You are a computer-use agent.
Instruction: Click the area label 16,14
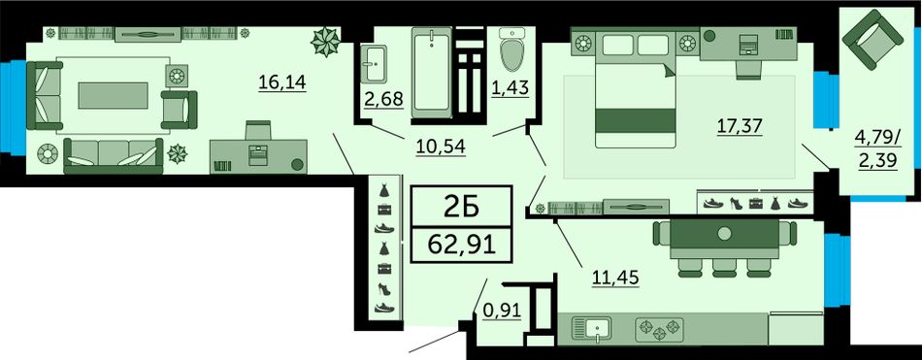point(282,82)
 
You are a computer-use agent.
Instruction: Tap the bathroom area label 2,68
point(384,99)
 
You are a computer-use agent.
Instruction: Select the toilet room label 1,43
point(510,87)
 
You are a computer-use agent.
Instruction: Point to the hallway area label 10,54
point(441,146)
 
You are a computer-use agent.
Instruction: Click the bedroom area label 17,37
point(740,126)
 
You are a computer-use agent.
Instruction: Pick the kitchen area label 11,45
point(615,275)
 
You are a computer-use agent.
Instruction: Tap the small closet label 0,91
point(503,310)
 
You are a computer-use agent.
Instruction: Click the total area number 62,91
point(462,244)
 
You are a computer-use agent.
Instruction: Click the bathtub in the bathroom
point(432,71)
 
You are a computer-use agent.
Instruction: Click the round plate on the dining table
point(724,234)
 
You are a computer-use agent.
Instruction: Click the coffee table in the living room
point(113,95)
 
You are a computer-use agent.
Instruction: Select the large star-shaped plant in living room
point(326,42)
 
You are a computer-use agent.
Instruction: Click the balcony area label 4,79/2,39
point(878,149)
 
